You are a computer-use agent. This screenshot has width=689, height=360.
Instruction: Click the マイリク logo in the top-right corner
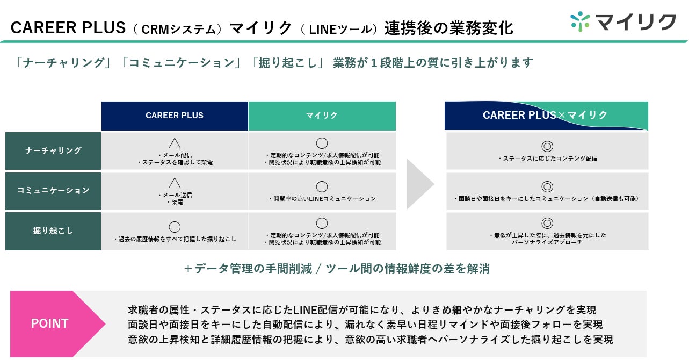click(623, 22)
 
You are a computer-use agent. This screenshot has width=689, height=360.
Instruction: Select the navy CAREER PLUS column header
click(175, 116)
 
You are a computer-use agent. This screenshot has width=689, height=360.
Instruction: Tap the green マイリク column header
click(322, 116)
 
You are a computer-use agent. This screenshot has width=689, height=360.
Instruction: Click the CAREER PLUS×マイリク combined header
click(546, 116)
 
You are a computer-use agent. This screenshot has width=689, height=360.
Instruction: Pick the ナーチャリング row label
click(53, 151)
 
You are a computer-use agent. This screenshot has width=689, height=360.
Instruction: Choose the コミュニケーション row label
click(53, 191)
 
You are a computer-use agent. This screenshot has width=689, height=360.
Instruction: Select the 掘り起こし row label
click(53, 231)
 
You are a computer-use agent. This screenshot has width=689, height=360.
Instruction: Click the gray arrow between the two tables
click(420, 184)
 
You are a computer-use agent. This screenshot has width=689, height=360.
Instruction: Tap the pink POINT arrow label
click(57, 323)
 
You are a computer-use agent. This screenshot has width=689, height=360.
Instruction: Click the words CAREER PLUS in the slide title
click(68, 28)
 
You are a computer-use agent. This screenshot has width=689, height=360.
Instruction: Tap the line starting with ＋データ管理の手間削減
click(337, 269)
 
